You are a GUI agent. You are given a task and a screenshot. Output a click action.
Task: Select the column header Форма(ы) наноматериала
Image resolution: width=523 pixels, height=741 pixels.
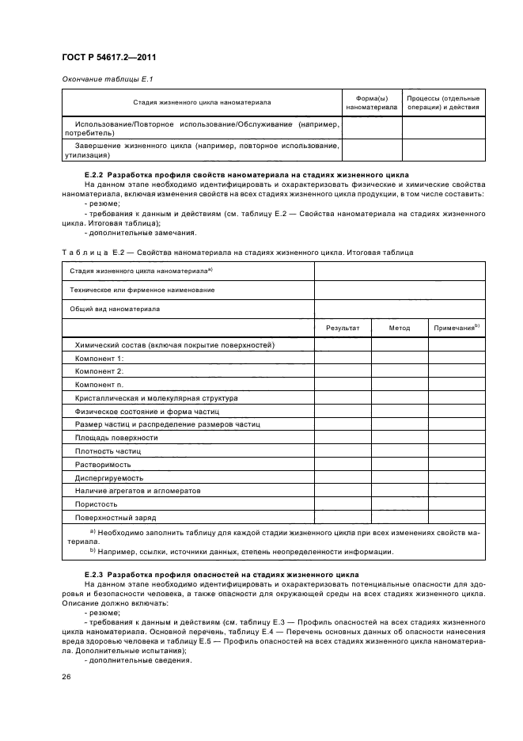(x=371, y=102)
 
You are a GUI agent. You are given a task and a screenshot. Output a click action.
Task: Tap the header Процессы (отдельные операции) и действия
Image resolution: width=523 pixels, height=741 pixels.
(x=442, y=102)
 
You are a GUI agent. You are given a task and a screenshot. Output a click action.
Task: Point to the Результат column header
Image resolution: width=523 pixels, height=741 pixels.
(x=343, y=328)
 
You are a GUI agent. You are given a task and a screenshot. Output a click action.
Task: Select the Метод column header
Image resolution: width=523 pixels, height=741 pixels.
(x=400, y=328)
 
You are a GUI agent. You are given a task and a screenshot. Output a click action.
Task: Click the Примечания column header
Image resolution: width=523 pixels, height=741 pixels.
(x=457, y=327)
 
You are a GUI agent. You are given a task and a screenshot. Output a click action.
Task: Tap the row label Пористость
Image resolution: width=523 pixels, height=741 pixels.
(x=97, y=503)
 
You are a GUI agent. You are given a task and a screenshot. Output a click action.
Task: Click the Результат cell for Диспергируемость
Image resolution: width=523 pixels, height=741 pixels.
(x=343, y=477)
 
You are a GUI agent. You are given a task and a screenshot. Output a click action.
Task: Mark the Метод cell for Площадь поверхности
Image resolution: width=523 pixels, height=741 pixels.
(x=400, y=437)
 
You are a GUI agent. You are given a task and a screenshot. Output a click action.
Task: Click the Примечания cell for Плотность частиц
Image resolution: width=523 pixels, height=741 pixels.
(x=457, y=450)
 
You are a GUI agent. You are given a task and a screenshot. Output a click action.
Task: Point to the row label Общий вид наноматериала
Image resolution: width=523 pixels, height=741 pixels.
(x=114, y=309)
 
